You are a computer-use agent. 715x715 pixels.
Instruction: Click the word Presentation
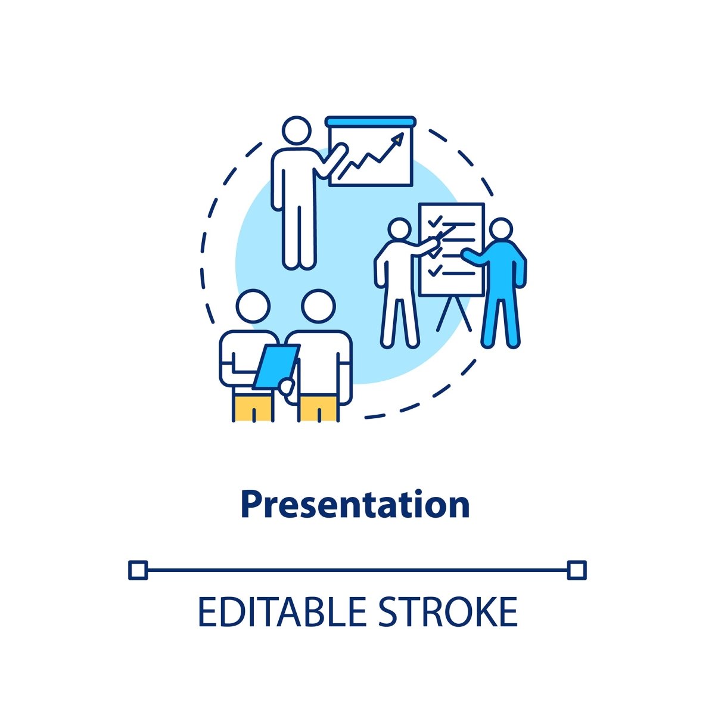point(355,506)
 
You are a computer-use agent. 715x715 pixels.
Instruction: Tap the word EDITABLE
point(283,611)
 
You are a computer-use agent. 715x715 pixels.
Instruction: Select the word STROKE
point(447,611)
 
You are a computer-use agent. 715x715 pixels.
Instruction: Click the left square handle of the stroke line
point(138,570)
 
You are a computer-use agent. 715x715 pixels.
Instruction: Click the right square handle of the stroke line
point(577,570)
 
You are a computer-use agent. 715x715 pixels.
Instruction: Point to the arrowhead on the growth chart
point(398,138)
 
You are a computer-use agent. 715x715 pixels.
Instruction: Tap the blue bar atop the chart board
point(371,122)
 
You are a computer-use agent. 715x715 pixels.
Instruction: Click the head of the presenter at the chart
point(297,130)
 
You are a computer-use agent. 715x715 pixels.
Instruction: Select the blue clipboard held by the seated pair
point(276,366)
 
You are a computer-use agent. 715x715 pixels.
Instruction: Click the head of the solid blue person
point(500,229)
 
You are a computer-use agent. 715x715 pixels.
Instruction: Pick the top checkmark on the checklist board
point(435,221)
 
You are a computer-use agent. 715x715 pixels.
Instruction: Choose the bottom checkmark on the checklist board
point(435,271)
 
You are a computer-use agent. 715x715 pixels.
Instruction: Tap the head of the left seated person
point(253,306)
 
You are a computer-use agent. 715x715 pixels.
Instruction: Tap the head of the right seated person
point(318,306)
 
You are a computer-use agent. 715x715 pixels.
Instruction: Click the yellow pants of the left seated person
point(253,407)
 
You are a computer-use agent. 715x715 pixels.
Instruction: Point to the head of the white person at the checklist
point(400,229)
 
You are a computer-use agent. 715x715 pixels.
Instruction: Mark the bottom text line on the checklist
point(459,273)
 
